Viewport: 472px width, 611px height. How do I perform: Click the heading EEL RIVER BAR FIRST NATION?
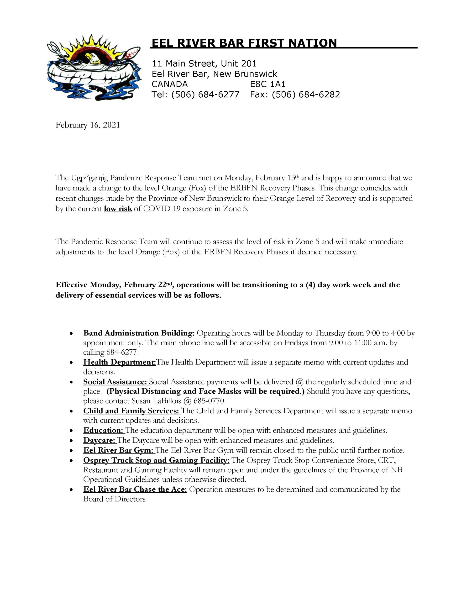coord(244,43)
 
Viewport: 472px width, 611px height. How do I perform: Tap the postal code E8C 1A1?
coord(268,84)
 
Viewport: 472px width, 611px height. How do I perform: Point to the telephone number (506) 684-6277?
coord(205,95)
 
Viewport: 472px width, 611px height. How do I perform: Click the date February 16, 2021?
coord(88,125)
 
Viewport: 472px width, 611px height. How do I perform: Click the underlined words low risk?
coord(118,209)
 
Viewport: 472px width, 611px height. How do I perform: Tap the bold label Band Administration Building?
coord(139,333)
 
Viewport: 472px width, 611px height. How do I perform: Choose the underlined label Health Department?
coord(120,362)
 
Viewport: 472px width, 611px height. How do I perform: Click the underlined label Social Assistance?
coord(115,382)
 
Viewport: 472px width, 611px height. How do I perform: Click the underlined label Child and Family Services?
coord(131,411)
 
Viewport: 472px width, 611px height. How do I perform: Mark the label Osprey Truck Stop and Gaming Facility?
coord(156,460)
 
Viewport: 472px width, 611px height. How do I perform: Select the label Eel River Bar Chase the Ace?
coord(135,489)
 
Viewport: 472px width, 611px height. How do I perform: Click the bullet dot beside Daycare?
coord(72,441)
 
